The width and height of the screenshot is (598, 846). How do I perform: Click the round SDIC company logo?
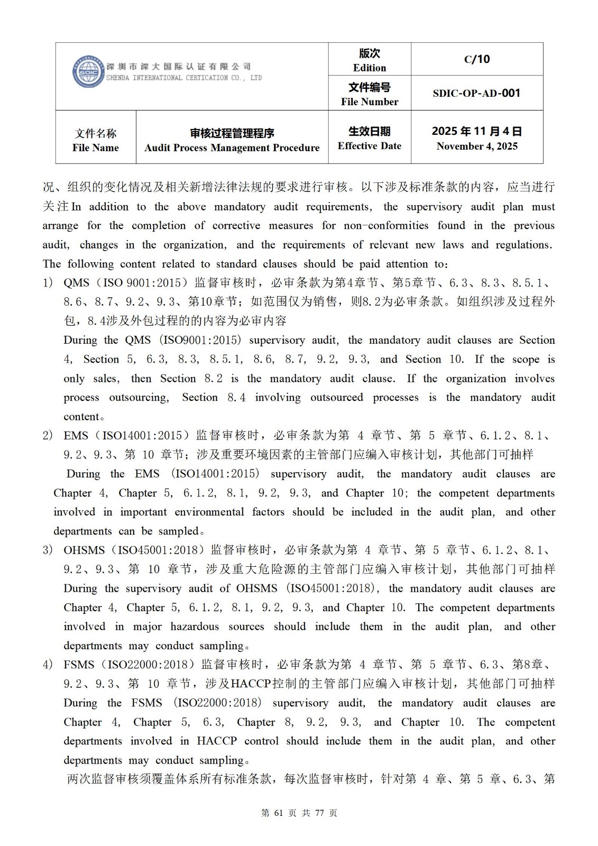(x=88, y=72)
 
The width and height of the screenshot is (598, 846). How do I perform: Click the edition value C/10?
(x=477, y=59)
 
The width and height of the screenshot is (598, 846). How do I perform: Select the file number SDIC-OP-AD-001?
(x=476, y=94)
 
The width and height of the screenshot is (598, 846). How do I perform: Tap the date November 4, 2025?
(x=477, y=146)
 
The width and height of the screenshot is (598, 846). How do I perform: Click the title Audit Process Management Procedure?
(x=232, y=148)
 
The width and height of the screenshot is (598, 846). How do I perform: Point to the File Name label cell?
(x=96, y=140)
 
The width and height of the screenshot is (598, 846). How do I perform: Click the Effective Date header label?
(x=370, y=146)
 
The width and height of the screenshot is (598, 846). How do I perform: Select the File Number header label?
(x=370, y=102)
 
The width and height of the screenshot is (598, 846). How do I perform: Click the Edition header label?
(x=370, y=68)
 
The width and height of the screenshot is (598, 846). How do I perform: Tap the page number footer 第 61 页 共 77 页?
(x=299, y=813)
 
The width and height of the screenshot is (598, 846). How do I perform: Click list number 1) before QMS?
(x=48, y=283)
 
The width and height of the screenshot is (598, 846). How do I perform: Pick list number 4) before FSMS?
(x=48, y=665)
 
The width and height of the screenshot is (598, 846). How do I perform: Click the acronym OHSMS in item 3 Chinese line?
(x=84, y=550)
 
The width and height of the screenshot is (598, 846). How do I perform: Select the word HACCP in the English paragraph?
(x=216, y=741)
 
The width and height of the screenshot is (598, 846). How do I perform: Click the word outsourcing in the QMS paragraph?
(x=139, y=398)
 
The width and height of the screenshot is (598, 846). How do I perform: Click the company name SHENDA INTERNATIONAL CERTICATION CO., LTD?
(x=184, y=78)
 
